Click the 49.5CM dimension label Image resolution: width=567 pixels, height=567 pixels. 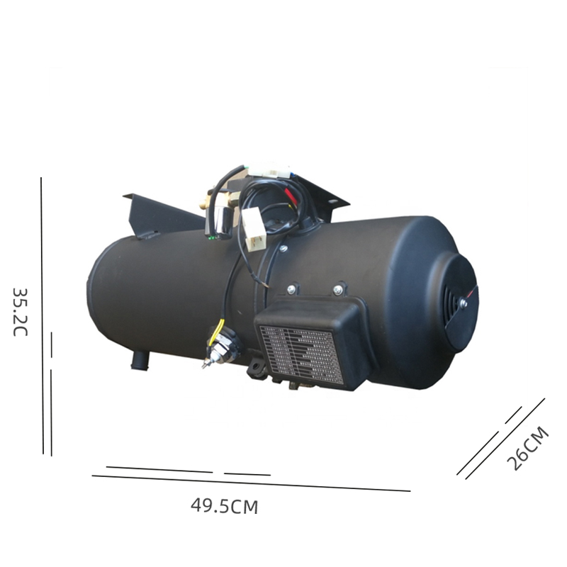click(224, 506)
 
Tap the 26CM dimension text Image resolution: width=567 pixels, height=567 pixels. click(528, 449)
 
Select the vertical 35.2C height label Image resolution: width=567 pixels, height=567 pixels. click(21, 312)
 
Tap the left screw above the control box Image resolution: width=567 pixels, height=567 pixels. click(291, 290)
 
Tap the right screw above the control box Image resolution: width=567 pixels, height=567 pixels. click(338, 289)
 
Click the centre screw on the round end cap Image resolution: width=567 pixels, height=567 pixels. click(464, 303)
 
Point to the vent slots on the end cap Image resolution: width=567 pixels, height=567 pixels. click(449, 299)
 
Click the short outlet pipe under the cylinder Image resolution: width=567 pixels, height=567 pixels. click(140, 360)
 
